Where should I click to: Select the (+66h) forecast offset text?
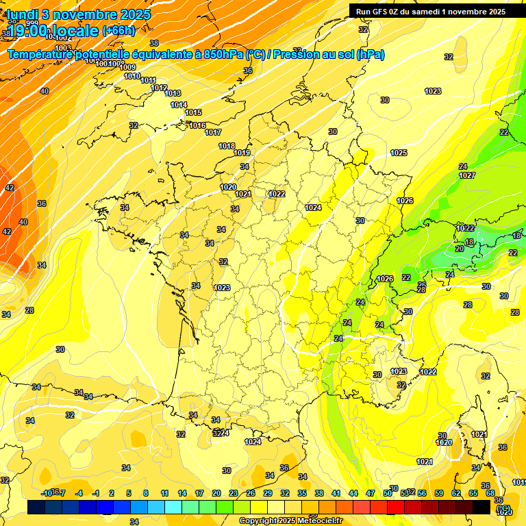(118, 30)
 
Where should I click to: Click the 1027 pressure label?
(467, 176)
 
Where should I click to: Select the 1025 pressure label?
(399, 153)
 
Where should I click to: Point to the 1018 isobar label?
(227, 146)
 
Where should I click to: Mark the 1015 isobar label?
(193, 112)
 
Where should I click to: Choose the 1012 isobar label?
(159, 88)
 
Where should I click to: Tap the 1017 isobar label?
(213, 132)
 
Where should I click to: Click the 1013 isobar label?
(173, 93)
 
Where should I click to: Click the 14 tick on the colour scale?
(182, 493)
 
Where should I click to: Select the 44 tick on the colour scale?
(353, 493)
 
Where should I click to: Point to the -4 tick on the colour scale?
(79, 493)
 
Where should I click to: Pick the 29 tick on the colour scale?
(268, 493)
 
